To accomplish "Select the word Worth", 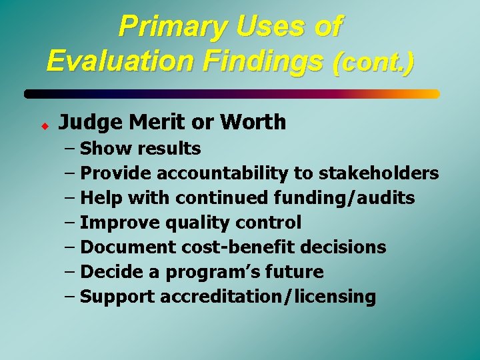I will [254, 122].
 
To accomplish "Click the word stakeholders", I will [379, 173].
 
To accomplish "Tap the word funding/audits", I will [344, 198].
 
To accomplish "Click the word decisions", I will [343, 247].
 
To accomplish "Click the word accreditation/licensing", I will [269, 297].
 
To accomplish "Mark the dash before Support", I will [70, 297].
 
